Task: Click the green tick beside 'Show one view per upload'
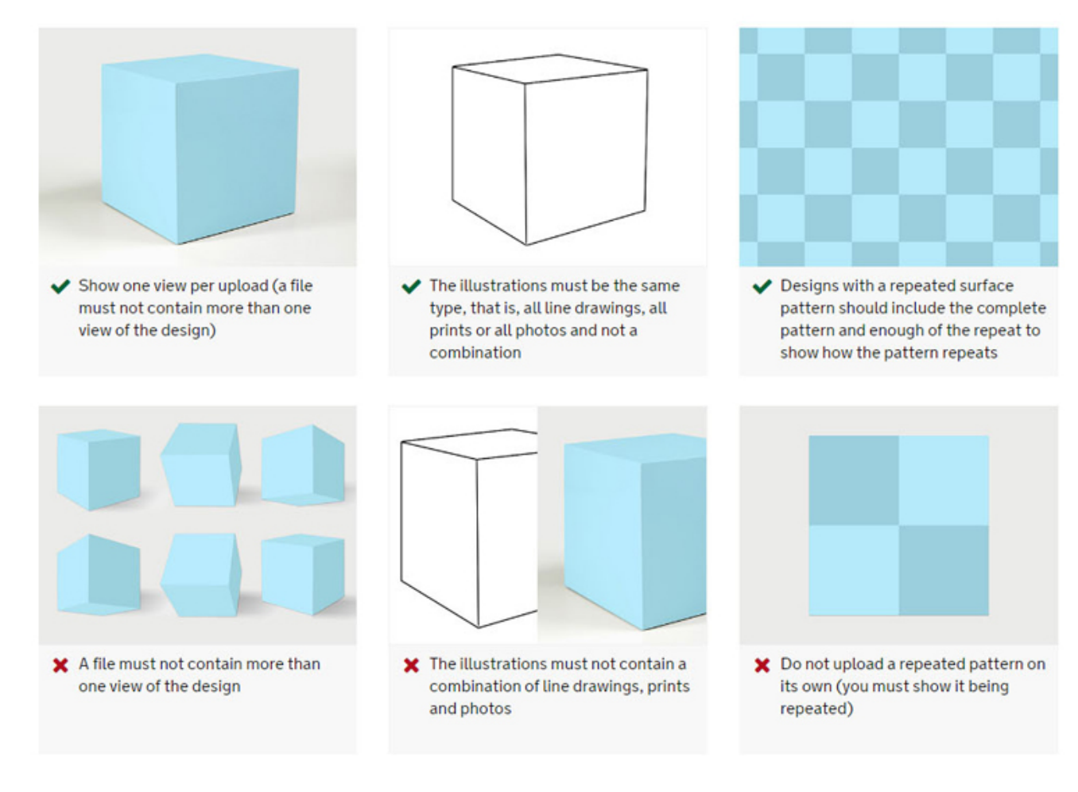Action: pyautogui.click(x=60, y=286)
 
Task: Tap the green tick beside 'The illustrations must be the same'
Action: pyautogui.click(x=412, y=286)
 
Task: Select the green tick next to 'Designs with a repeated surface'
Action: pyautogui.click(x=762, y=286)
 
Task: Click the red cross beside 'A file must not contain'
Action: pyautogui.click(x=60, y=665)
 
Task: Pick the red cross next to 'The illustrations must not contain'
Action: pyautogui.click(x=412, y=665)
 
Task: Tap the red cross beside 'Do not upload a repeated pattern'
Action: pyautogui.click(x=762, y=665)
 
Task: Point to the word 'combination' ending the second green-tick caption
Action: pyautogui.click(x=475, y=353)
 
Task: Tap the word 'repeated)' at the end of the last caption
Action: pyautogui.click(x=816, y=709)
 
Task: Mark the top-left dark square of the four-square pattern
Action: pyautogui.click(x=853, y=480)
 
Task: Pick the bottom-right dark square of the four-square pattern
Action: pyautogui.click(x=944, y=570)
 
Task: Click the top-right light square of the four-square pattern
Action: pyautogui.click(x=944, y=480)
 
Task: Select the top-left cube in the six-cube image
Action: pyautogui.click(x=99, y=469)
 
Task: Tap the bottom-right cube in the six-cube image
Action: pyautogui.click(x=303, y=574)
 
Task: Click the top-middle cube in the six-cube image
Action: pyautogui.click(x=201, y=464)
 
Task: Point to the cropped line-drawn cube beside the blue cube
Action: pyautogui.click(x=469, y=528)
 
